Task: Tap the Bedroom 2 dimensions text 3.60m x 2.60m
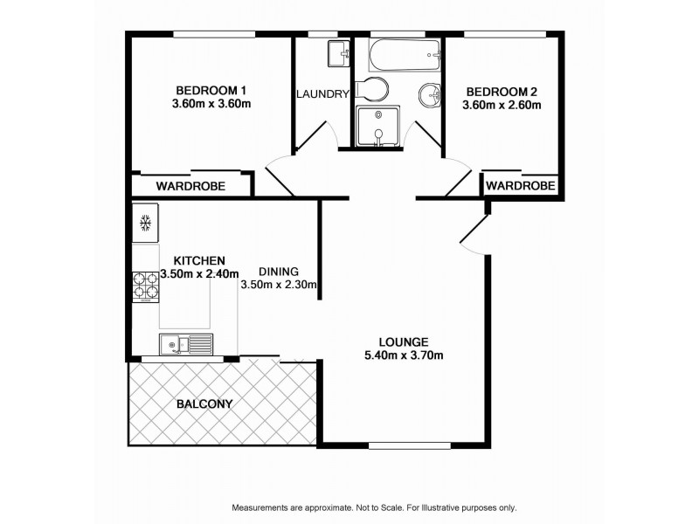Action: [x=502, y=106]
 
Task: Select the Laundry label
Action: [x=322, y=94]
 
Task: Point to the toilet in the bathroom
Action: [x=374, y=89]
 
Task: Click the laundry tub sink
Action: [x=336, y=53]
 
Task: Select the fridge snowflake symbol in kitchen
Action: [x=146, y=223]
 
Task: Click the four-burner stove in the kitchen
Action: [x=146, y=286]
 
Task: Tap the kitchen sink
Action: [x=186, y=344]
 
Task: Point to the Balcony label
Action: [x=204, y=403]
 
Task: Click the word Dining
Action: [x=280, y=271]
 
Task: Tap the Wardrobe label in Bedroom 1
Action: [x=190, y=186]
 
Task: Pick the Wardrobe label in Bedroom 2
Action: [x=521, y=185]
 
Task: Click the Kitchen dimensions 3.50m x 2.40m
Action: [x=199, y=274]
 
